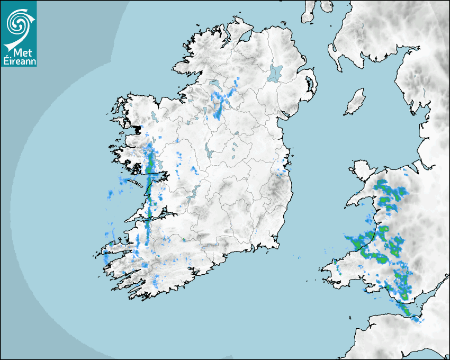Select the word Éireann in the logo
(x=19, y=60)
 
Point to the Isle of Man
(x=355, y=102)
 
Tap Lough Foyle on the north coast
(x=245, y=37)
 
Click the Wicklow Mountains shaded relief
(x=275, y=185)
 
